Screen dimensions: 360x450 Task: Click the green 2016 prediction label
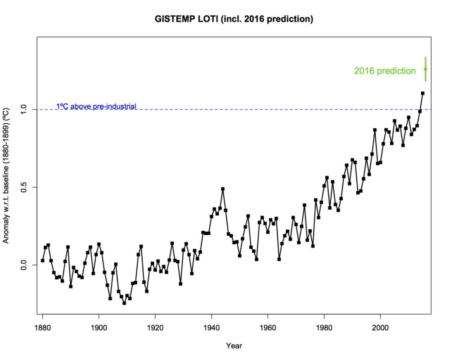click(385, 71)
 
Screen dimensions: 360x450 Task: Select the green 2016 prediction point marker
click(425, 69)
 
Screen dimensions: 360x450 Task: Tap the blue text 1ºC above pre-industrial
click(96, 107)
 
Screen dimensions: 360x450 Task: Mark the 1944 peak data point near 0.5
click(223, 189)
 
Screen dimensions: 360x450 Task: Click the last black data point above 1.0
click(423, 93)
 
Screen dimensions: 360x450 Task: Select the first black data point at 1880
click(42, 260)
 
